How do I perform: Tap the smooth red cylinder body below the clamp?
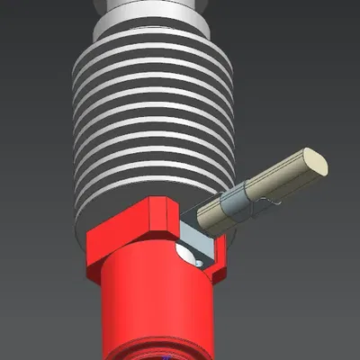tap(153, 306)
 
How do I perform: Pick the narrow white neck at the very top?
tap(153, 4)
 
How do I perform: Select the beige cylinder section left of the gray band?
tap(216, 211)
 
